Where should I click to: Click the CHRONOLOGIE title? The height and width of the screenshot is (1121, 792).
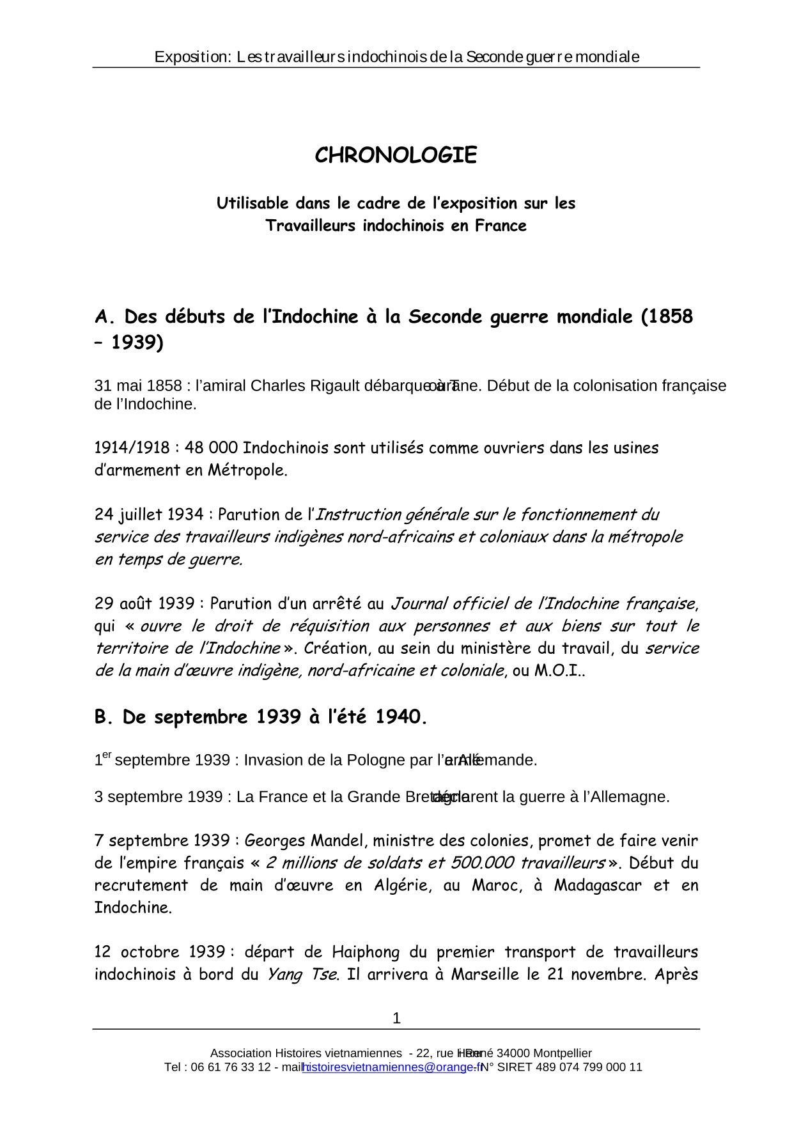point(396,155)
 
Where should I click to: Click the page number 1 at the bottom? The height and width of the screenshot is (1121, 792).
point(396,1018)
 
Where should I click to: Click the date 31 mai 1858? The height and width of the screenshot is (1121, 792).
point(137,386)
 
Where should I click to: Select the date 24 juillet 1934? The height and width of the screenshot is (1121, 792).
point(149,514)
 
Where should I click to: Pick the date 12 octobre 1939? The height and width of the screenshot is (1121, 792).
point(159,952)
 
